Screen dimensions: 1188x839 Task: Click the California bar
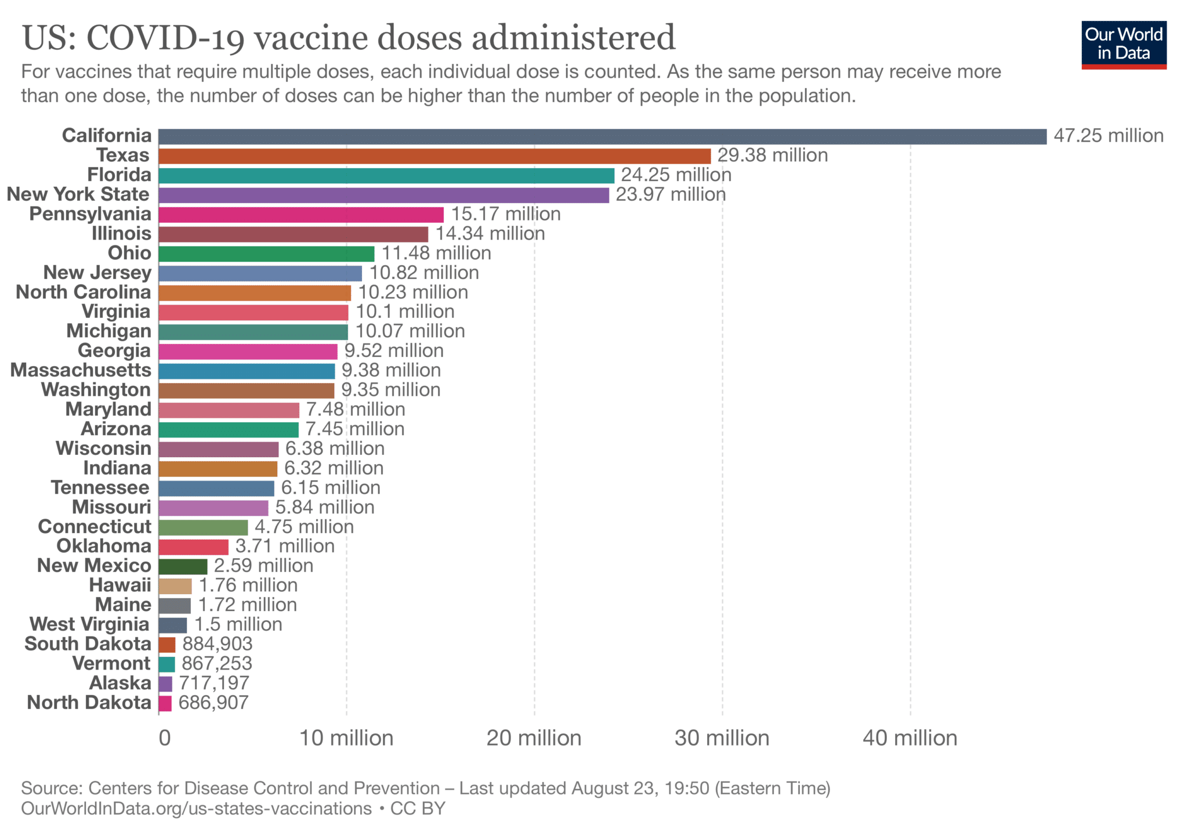(602, 136)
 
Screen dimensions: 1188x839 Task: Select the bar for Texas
(434, 156)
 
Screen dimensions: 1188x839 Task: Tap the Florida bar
(386, 176)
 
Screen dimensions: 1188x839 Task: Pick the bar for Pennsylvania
(301, 215)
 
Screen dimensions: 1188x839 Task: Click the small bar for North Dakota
(165, 703)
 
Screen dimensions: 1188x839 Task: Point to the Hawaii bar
(175, 586)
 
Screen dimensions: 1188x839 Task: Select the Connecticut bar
(203, 527)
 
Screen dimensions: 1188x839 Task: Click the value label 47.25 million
(1109, 136)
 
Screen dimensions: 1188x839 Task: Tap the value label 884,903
(218, 644)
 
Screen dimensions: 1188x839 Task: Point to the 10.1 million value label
(405, 312)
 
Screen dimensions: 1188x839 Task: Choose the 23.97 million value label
(671, 194)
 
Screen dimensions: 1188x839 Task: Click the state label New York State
(78, 194)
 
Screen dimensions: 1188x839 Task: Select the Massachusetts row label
(81, 370)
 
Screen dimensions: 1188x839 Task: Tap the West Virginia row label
(90, 624)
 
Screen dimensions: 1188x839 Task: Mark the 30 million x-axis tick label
(722, 738)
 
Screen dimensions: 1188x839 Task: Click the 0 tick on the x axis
(165, 738)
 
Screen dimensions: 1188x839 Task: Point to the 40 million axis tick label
(910, 738)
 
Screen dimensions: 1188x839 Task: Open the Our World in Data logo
(1124, 45)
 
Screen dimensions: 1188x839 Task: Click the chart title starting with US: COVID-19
(349, 38)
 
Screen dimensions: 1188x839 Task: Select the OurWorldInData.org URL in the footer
(196, 809)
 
